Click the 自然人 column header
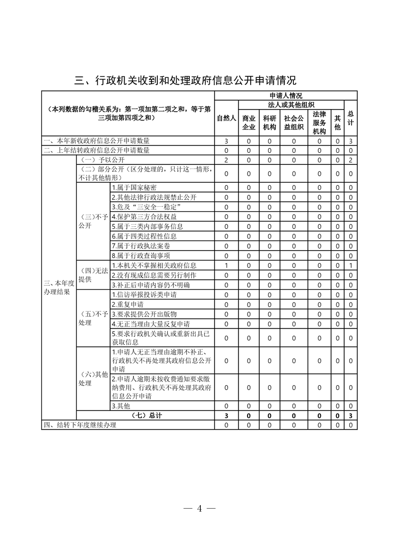click(x=226, y=119)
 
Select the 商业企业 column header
click(x=249, y=123)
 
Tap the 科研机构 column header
click(x=269, y=123)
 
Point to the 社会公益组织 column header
click(x=294, y=123)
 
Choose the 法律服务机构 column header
click(x=319, y=123)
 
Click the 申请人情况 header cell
click(x=285, y=95)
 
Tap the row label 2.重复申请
click(x=128, y=304)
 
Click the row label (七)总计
click(x=145, y=416)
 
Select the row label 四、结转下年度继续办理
click(x=80, y=425)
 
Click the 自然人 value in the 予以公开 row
click(x=226, y=160)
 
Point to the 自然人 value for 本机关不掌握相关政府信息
click(x=226, y=265)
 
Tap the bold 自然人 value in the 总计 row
click(x=226, y=416)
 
